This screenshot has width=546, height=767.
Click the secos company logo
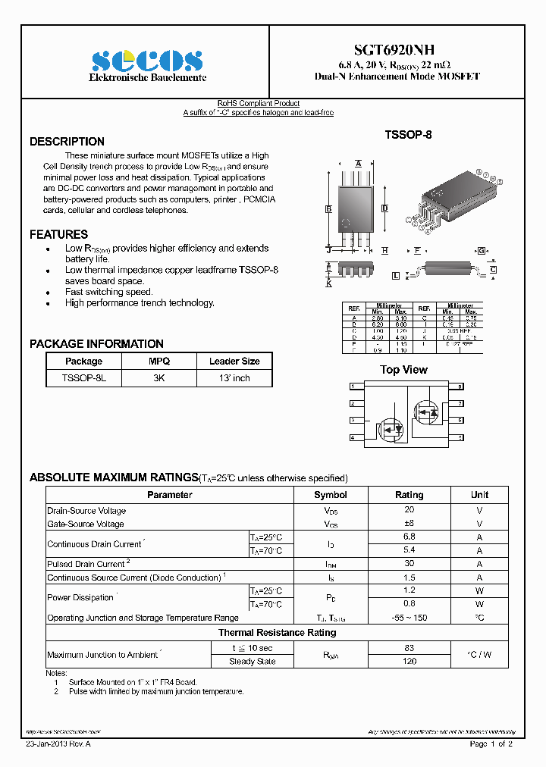point(147,61)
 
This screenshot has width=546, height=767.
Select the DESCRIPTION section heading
point(67,142)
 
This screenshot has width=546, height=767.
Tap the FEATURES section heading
point(58,235)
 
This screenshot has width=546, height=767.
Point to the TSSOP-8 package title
point(408,135)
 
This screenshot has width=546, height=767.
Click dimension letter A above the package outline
point(358,163)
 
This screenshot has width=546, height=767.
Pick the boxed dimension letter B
point(329,208)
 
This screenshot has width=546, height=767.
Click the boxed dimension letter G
point(482,250)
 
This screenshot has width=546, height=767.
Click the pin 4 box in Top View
point(352,438)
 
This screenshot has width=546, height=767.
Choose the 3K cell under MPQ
point(159,377)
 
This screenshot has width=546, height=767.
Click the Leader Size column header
point(234,362)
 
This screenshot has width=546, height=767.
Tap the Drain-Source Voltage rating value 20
point(409,510)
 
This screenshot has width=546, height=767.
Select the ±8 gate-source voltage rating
point(409,524)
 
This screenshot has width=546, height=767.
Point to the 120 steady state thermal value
point(409,662)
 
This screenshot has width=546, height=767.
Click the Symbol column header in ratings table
point(330,495)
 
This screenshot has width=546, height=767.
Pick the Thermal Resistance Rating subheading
point(277,633)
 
